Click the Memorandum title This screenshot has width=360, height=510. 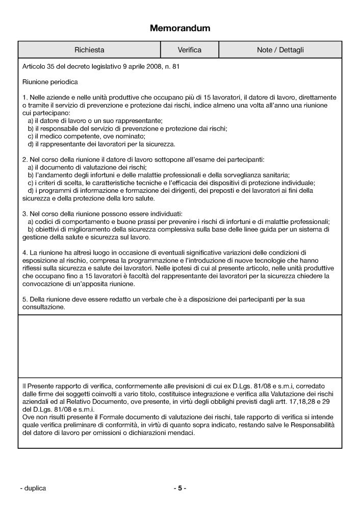(179, 29)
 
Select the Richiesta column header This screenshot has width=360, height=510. (89, 50)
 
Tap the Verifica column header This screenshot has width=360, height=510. (189, 50)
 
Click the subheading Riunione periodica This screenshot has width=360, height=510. (50, 81)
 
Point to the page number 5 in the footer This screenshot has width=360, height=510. (180, 488)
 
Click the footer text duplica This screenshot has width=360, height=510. (35, 488)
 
